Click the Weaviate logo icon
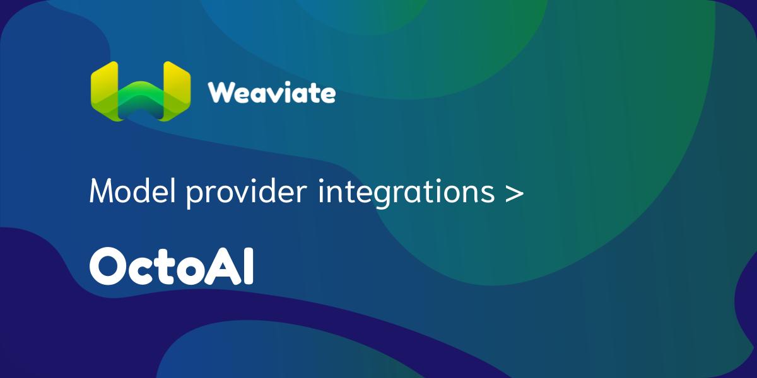click(x=141, y=91)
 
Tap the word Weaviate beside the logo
click(x=272, y=93)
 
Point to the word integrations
click(x=406, y=193)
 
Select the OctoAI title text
click(x=172, y=266)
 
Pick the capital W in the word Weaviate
click(x=221, y=93)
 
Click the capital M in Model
click(x=102, y=191)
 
